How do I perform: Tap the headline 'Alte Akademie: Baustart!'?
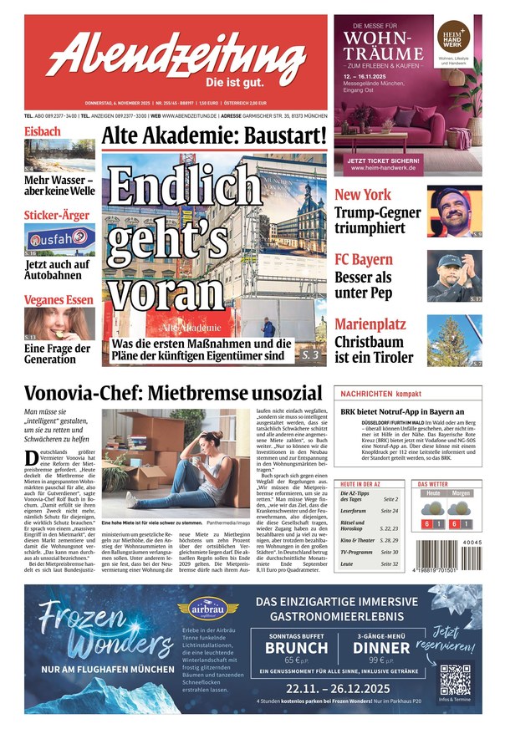coord(214,135)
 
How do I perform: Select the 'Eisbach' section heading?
coord(43,131)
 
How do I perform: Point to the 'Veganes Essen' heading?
coord(59,300)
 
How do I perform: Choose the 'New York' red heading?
coord(363,194)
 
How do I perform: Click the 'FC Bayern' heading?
coord(364,258)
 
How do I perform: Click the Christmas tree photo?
coord(454,340)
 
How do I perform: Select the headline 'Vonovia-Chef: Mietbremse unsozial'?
coord(173,394)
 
